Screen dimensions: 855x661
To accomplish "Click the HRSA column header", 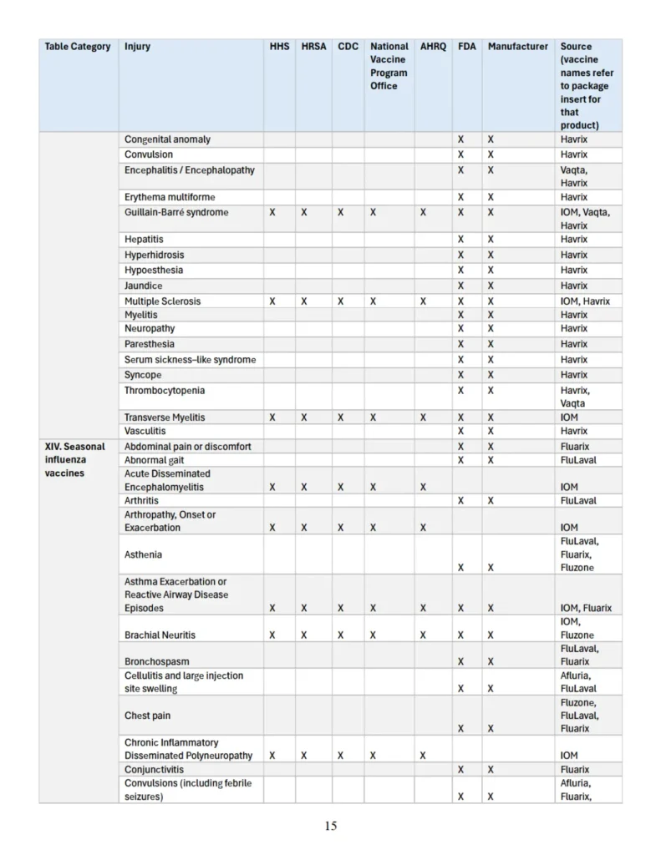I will click(313, 47).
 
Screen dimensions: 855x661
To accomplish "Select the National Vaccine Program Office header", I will click(389, 66).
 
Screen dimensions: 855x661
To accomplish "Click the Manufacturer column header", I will click(518, 47).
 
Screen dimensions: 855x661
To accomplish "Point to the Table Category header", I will click(78, 47).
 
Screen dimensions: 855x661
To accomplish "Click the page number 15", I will click(331, 826).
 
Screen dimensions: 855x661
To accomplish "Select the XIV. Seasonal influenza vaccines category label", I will click(75, 460).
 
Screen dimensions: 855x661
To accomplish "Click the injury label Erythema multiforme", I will click(170, 197).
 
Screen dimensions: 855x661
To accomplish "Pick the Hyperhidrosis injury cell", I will click(155, 255).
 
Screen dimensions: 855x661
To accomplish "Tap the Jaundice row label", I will click(144, 286).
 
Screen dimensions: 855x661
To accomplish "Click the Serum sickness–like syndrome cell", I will click(191, 360).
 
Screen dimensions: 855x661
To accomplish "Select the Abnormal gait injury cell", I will click(155, 460).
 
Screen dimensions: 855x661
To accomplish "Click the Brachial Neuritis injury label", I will click(160, 635).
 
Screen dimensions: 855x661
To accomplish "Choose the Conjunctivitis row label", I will click(155, 770).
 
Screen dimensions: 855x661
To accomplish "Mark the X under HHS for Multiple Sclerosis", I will click(272, 301).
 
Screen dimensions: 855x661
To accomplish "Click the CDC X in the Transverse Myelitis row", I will click(340, 417).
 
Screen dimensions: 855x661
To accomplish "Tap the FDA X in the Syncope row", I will click(460, 375).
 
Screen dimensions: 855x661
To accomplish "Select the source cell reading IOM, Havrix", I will click(585, 301).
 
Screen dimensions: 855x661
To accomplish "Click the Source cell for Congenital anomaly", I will click(574, 139).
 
